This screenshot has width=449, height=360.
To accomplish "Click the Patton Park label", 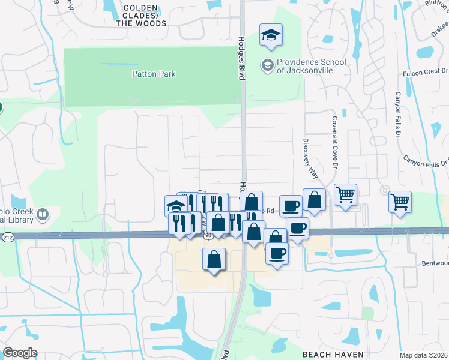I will click(154, 74).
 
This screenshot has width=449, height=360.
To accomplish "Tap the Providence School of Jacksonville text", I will click(311, 66).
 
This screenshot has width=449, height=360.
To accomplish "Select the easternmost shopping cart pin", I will click(400, 202).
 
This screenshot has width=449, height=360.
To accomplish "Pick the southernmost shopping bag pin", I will click(214, 260).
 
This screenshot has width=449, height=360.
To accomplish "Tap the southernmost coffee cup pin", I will click(277, 253).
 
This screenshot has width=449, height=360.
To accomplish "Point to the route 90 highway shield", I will click(208, 236).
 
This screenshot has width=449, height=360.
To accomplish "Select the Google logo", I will click(20, 353).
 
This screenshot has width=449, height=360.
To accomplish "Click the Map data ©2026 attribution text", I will click(424, 355).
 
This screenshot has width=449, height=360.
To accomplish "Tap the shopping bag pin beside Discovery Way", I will click(314, 200).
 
